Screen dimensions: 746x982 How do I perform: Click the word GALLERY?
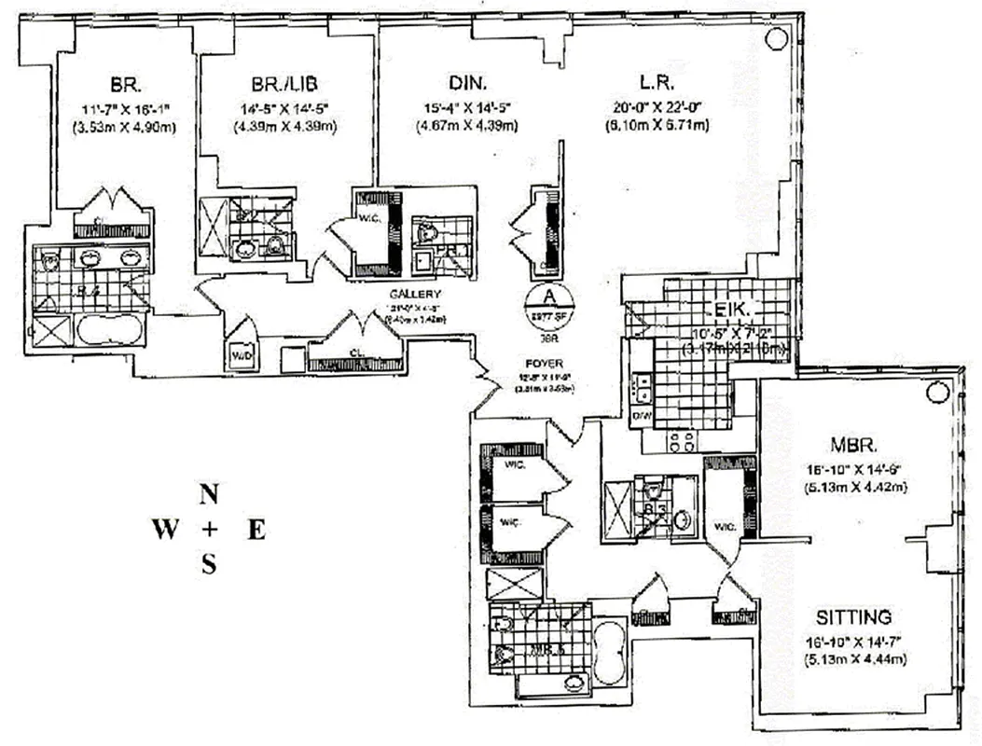pos(414,295)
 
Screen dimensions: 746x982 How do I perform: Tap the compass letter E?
pos(256,531)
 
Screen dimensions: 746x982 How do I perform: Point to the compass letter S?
pos(209,565)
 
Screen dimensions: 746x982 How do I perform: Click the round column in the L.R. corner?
pos(774,38)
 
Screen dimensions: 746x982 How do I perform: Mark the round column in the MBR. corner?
pos(935,394)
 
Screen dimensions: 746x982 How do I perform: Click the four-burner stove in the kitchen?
pos(680,439)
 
